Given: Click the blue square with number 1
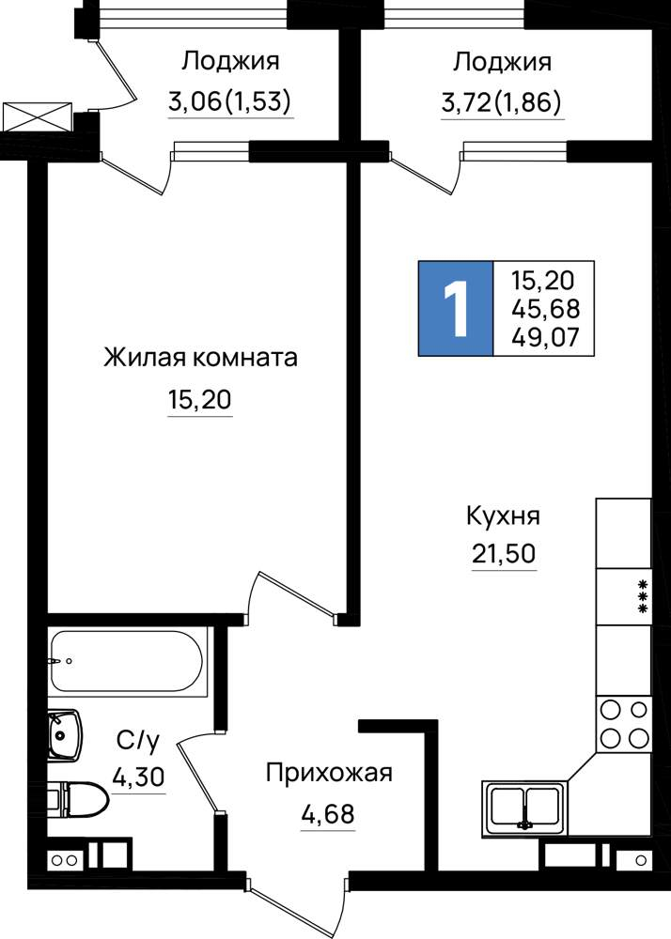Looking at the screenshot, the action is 456,308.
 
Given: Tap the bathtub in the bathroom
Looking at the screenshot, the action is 127,661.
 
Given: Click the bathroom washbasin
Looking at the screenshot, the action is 64,735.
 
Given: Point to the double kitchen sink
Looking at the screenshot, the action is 525,808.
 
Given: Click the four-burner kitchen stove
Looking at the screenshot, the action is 624,723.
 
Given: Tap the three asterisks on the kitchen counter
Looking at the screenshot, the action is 643,596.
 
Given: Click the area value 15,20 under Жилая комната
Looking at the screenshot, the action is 199,399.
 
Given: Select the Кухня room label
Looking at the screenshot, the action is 504,516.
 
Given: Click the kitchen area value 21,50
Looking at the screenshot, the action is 504,554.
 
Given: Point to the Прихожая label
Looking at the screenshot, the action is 329,773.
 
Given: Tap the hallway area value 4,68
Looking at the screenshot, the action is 328,814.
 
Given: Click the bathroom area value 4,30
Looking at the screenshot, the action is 138,777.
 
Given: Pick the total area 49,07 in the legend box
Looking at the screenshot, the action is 546,337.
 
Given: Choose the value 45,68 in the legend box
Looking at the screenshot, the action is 546,308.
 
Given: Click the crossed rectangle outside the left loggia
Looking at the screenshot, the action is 38,116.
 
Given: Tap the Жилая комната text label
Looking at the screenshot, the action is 201,358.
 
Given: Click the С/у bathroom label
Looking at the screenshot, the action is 138,742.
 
